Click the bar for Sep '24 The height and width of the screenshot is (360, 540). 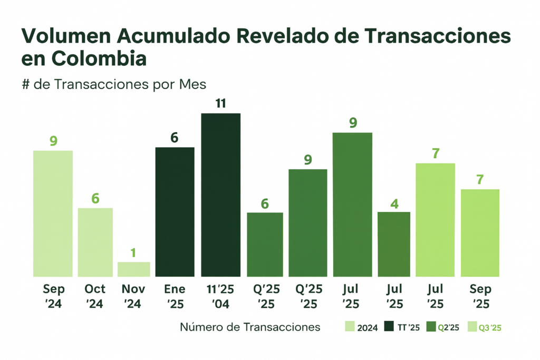[53, 213]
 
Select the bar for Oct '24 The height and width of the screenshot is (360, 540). [95, 242]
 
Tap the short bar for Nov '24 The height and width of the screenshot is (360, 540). [134, 269]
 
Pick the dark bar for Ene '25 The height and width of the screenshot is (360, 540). [175, 212]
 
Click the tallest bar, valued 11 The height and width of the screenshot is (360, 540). [220, 195]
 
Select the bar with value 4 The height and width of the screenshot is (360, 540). [394, 244]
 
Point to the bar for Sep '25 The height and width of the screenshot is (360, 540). [480, 233]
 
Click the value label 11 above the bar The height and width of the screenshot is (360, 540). [220, 103]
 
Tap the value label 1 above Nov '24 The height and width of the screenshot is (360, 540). [133, 253]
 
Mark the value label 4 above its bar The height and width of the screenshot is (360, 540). [394, 202]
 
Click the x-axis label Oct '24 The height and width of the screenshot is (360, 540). [95, 297]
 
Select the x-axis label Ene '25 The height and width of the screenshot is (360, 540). [175, 297]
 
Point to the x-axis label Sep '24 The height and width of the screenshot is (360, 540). [53, 297]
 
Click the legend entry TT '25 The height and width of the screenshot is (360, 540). [402, 327]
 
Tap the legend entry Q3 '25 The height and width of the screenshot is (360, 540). [484, 327]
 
